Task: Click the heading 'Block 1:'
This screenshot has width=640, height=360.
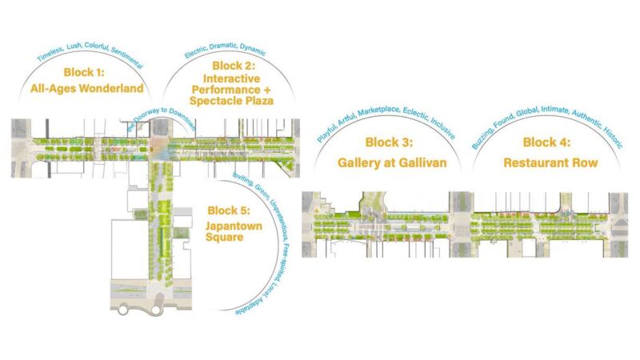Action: coord(84,73)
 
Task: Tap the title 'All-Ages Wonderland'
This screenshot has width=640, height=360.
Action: coord(87,88)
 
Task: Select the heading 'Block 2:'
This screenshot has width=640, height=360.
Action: coord(234,66)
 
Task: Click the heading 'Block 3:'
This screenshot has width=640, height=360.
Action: coord(389,142)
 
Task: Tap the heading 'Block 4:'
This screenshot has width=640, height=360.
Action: coord(546,142)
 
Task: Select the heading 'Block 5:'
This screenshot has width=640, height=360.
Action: coord(229,210)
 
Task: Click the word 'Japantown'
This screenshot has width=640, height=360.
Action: coord(234,226)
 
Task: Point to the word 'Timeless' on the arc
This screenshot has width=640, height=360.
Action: coord(50,54)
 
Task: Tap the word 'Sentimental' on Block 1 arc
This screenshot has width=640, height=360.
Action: coord(126,58)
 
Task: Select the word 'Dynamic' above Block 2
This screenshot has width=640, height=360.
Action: coord(253,50)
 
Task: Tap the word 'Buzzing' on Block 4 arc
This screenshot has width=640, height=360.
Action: coord(481,138)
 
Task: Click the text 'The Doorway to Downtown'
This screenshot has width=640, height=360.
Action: coord(162,119)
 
